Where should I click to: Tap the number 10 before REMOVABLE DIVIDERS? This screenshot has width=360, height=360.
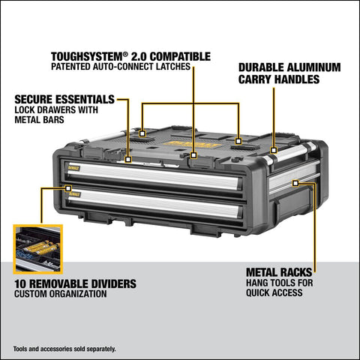[x=20, y=284]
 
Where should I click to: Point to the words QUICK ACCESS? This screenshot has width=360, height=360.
[x=275, y=292]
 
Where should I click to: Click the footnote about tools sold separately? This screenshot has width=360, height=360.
[x=64, y=349]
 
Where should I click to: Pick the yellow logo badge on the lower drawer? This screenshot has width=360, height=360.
[x=75, y=193]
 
